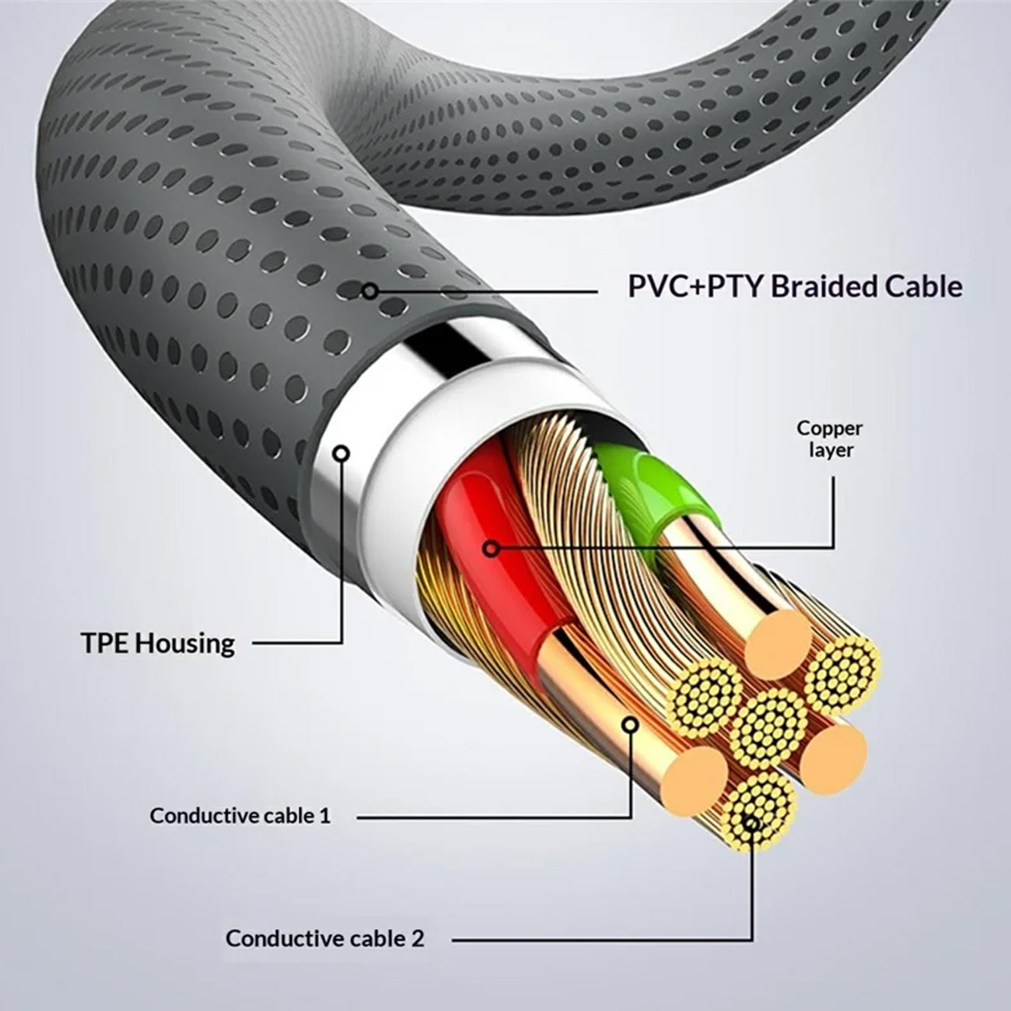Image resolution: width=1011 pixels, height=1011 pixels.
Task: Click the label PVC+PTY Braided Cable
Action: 795,288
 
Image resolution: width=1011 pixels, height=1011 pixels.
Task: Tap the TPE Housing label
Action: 159,644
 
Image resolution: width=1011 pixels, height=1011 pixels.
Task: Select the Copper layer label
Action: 830,439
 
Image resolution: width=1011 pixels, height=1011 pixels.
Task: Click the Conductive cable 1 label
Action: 240,816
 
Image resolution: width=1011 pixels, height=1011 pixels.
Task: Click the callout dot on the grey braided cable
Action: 370,291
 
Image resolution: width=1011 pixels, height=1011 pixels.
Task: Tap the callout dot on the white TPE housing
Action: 342,454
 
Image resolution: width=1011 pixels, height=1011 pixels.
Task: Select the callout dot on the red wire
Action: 491,549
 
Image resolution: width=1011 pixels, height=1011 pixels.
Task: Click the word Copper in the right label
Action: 830,429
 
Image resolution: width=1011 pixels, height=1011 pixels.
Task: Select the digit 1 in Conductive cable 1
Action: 326,815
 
